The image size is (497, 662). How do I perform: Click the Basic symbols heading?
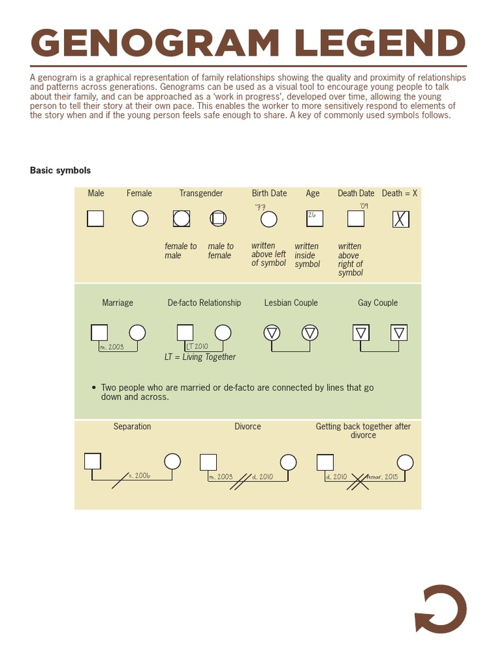pyautogui.click(x=60, y=171)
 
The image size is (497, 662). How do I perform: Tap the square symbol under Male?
pyautogui.click(x=96, y=219)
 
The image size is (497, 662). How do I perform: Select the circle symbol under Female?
pyautogui.click(x=140, y=219)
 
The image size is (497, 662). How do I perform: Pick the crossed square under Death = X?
pyautogui.click(x=401, y=220)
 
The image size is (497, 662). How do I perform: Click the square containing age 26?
pyautogui.click(x=315, y=219)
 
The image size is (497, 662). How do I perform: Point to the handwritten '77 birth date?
pyautogui.click(x=260, y=207)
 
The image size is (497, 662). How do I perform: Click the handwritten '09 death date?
pyautogui.click(x=364, y=206)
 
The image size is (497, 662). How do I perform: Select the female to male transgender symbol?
pyautogui.click(x=182, y=219)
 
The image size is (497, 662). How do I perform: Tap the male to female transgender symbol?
pyautogui.click(x=219, y=219)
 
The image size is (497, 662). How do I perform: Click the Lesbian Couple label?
pyautogui.click(x=291, y=303)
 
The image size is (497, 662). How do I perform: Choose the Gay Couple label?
pyautogui.click(x=378, y=303)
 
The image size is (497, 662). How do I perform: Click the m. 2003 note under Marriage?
pyautogui.click(x=111, y=347)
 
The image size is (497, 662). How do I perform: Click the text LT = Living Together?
pyautogui.click(x=200, y=357)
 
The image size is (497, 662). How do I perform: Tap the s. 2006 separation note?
pyautogui.click(x=138, y=475)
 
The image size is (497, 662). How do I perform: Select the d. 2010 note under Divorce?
pyautogui.click(x=262, y=476)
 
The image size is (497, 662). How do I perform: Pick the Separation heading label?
pyautogui.click(x=132, y=427)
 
